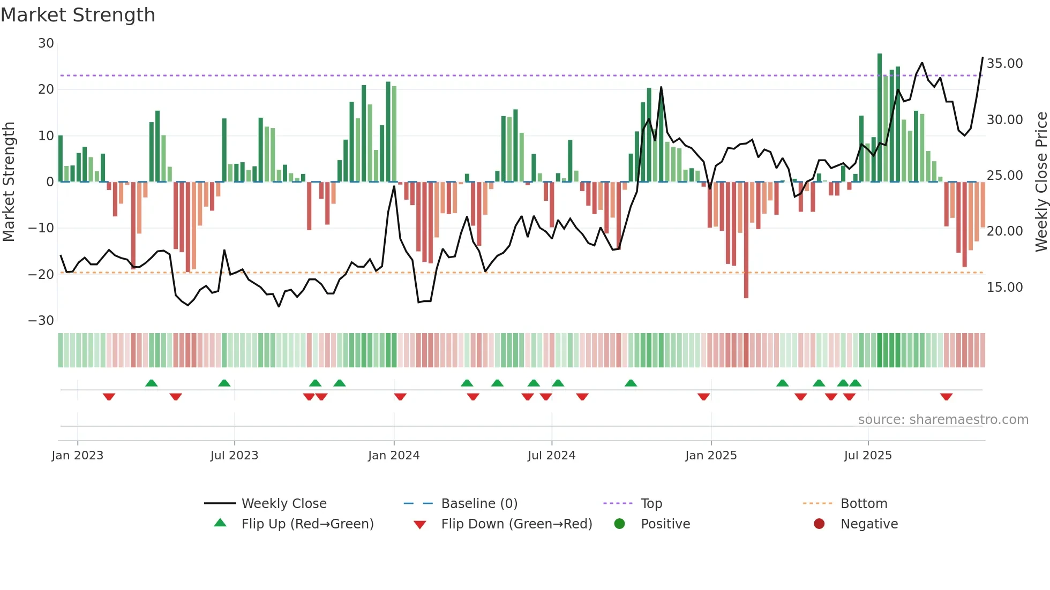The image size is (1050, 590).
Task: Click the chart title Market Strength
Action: (78, 15)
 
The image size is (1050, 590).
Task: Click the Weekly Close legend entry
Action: (283, 504)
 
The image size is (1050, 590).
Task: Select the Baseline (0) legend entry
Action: (479, 504)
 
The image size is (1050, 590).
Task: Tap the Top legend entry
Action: (651, 504)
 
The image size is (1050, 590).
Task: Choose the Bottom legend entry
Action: (864, 504)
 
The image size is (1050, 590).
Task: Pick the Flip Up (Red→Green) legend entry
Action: (307, 524)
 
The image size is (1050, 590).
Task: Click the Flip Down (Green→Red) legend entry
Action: (516, 524)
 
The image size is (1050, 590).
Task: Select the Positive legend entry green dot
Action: (620, 524)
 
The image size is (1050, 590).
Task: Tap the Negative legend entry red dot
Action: (819, 524)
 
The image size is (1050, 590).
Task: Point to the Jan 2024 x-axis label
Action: (394, 456)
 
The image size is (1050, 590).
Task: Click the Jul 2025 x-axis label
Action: (868, 456)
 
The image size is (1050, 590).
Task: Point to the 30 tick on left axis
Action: (46, 43)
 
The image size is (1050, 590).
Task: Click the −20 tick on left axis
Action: (41, 275)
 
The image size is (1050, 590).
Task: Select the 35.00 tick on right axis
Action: (1004, 64)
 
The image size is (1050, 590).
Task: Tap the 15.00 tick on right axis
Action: (1004, 288)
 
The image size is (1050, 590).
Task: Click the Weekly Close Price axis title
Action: (1041, 182)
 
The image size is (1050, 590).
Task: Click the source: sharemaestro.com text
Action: (943, 420)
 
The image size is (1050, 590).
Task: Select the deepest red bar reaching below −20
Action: (746, 241)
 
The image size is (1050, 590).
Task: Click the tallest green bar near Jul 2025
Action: (880, 118)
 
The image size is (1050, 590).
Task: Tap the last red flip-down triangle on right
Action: (946, 397)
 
